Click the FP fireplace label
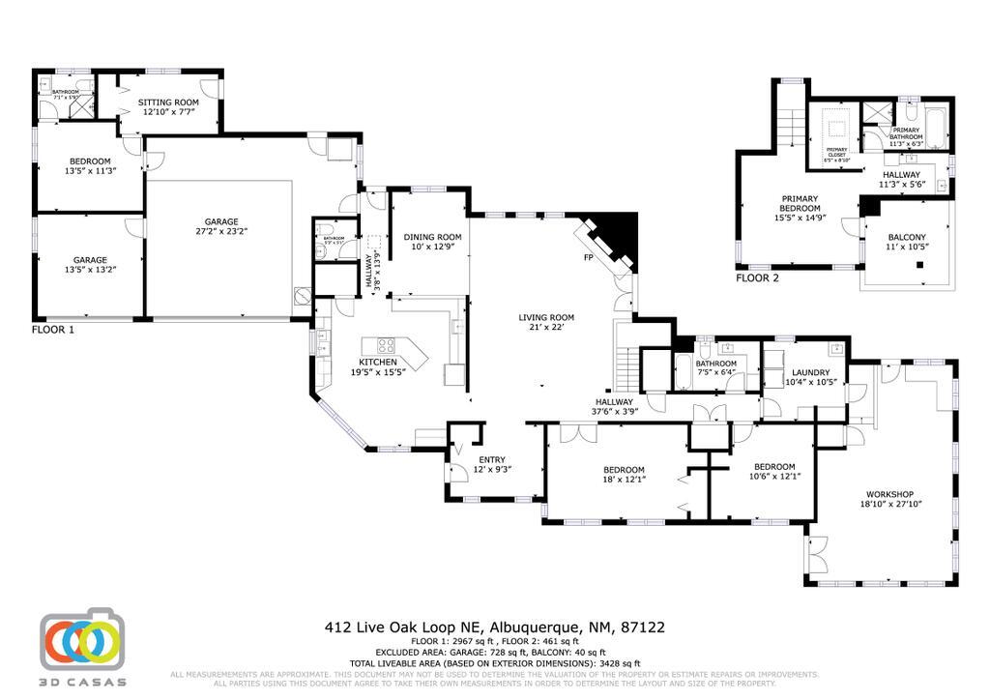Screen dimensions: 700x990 coord(587,259)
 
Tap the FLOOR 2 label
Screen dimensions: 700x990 coord(757,277)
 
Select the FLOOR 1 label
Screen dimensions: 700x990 coord(53,330)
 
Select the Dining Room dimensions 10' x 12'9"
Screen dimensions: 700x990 coord(432,248)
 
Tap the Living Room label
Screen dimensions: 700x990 coord(546,317)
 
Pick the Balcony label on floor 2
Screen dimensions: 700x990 coord(907,237)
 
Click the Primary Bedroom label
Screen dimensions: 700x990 coord(801,203)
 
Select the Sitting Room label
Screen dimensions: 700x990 coord(168,102)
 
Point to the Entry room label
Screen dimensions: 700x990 coord(492,459)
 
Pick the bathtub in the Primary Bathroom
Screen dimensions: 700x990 coord(935,127)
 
